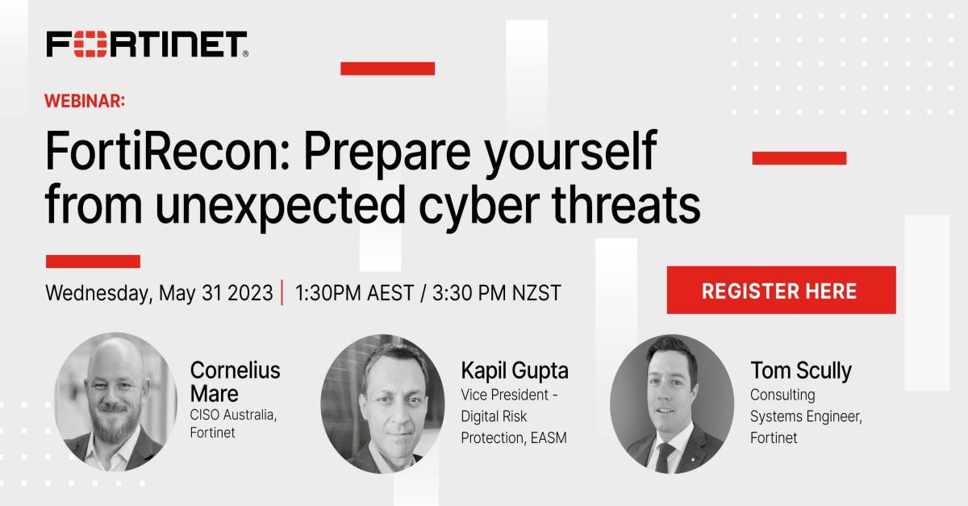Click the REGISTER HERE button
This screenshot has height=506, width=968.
781,290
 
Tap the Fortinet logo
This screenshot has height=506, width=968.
147,44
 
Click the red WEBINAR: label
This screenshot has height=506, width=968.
85,101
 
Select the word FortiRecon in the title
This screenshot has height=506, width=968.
166,151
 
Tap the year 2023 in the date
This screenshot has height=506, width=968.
250,293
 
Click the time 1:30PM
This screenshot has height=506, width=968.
331,293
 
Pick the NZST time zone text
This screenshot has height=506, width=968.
536,293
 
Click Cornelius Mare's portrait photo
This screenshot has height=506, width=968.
115,402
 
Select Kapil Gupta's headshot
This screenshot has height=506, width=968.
382,404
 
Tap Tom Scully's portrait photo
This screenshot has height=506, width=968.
671,404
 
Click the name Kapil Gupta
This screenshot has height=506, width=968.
515,370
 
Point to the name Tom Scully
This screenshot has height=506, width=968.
801,370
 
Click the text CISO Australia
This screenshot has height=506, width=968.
232,415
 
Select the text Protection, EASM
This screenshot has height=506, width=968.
513,437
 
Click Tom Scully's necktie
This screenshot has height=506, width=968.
664,457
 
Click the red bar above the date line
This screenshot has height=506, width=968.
93,261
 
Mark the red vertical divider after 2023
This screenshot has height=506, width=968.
282,293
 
